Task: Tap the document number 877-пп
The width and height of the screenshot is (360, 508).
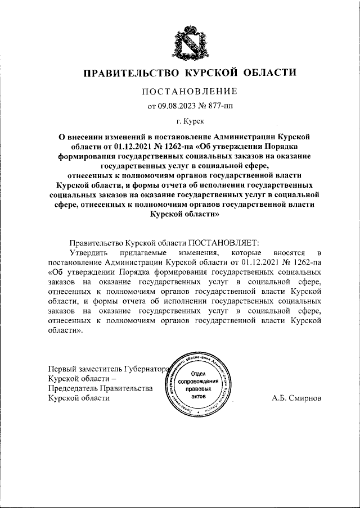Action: (217, 105)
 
